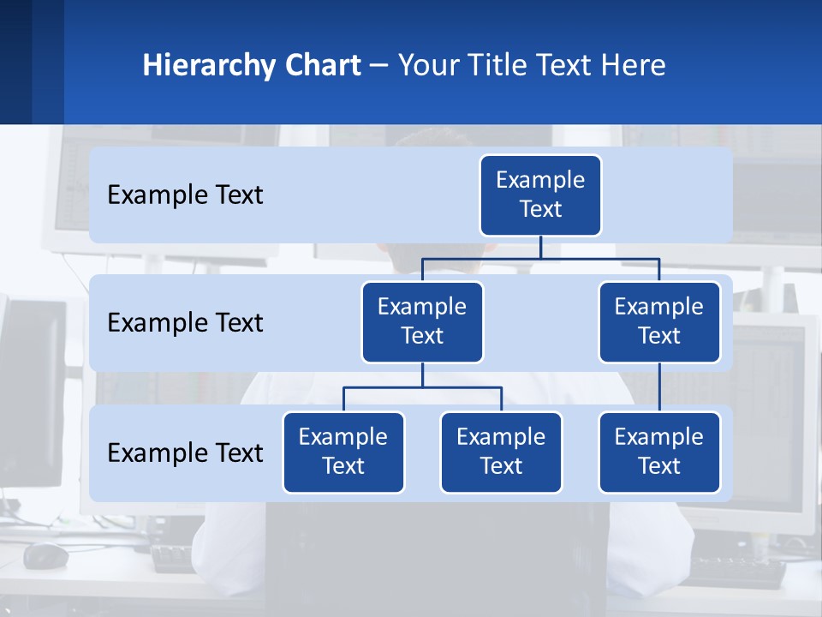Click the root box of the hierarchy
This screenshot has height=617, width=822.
(x=540, y=195)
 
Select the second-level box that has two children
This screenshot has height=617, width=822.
(x=422, y=321)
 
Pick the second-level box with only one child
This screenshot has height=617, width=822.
(x=659, y=321)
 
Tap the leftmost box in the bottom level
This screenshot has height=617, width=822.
(x=343, y=452)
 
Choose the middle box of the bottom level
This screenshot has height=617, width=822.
(x=501, y=452)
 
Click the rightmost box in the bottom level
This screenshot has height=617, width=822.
(x=659, y=452)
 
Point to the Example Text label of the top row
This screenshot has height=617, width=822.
(x=185, y=195)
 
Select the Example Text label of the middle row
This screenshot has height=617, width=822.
(x=185, y=323)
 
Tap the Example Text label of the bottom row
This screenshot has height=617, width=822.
(x=185, y=452)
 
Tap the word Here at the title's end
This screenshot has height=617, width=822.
(x=631, y=65)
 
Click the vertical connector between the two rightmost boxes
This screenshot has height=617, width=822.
(x=659, y=387)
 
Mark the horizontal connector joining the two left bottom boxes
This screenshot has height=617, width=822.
(x=422, y=387)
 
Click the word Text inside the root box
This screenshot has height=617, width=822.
(x=540, y=209)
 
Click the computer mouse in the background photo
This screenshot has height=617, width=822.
(x=45, y=555)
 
